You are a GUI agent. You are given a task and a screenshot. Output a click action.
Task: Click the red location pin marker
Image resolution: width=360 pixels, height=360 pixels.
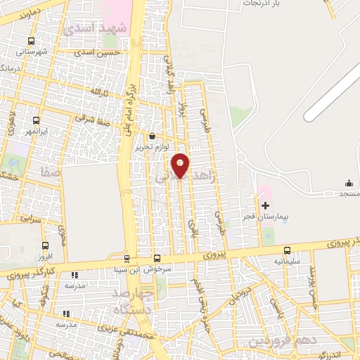point(181,165)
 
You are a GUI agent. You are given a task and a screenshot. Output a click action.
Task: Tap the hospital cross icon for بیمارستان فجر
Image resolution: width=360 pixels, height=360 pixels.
point(265,205)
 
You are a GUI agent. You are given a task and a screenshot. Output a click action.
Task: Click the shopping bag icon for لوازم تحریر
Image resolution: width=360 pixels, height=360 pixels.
point(153,136)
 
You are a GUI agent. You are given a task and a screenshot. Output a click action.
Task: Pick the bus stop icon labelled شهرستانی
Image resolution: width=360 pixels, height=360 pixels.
point(30,41)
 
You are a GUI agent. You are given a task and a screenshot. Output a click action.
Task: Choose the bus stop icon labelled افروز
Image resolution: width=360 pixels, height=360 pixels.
point(46,245)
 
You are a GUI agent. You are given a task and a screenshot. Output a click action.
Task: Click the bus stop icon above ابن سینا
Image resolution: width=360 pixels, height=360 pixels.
point(127,258)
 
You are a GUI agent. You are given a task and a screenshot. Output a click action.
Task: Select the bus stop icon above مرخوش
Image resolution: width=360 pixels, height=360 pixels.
point(157,258)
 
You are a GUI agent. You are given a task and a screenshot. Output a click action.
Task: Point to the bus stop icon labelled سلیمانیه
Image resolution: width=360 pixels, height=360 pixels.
point(287,250)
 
